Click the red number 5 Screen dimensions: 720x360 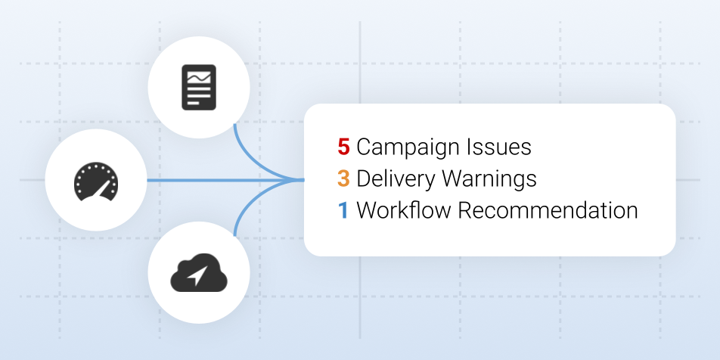pyautogui.click(x=343, y=147)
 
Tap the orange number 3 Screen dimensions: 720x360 pyautogui.click(x=343, y=178)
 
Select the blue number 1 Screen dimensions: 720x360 pyautogui.click(x=343, y=210)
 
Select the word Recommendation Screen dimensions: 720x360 pyautogui.click(x=548, y=210)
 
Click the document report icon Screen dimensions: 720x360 pyautogui.click(x=199, y=87)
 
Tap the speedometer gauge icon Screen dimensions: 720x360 pyautogui.click(x=96, y=182)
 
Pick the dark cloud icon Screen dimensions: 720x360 pyautogui.click(x=199, y=273)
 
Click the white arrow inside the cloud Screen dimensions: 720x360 pyautogui.click(x=197, y=275)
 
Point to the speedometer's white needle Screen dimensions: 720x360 pyautogui.click(x=102, y=189)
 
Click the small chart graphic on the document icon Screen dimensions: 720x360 pyautogui.click(x=199, y=78)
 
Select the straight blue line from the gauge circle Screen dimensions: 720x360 pyautogui.click(x=225, y=180)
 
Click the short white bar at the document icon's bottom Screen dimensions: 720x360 pyautogui.click(x=194, y=103)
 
